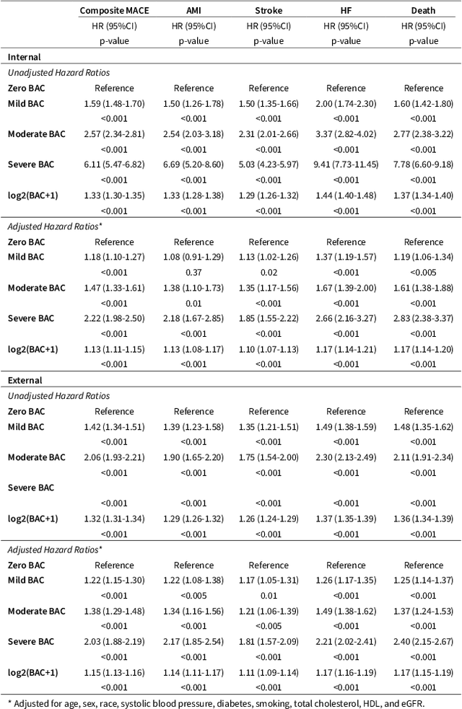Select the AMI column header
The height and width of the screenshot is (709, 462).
click(193, 11)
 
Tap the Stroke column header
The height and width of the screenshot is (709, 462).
click(269, 11)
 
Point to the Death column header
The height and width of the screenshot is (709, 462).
click(424, 11)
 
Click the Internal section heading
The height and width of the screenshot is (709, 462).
click(25, 57)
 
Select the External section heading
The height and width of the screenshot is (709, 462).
click(25, 380)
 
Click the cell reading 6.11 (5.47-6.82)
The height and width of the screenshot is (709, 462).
click(114, 164)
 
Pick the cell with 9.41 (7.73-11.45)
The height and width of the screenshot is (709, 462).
click(346, 164)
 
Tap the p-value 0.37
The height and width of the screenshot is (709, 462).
click(193, 272)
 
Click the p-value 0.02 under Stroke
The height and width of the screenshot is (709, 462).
click(269, 272)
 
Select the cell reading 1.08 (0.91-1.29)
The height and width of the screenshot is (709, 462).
click(193, 257)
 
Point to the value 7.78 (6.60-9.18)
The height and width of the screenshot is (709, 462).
click(424, 164)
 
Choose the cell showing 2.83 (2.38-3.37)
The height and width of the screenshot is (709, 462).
click(424, 318)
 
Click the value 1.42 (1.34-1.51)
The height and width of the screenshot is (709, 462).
click(114, 426)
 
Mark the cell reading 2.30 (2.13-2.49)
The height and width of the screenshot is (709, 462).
click(346, 457)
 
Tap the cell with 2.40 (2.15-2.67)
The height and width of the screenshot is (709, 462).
click(424, 641)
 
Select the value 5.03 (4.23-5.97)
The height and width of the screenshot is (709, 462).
click(269, 164)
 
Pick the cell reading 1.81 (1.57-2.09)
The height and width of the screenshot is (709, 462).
click(269, 641)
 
